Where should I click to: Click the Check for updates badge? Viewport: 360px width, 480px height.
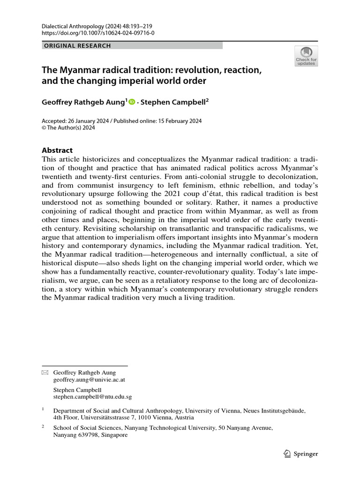pyautogui.click(x=306, y=56)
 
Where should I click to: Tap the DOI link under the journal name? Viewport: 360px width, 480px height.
pyautogui.click(x=98, y=33)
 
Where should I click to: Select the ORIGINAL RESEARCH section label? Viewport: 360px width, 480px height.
pyautogui.click(x=77, y=45)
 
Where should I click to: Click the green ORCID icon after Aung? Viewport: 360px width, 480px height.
pyautogui.click(x=132, y=101)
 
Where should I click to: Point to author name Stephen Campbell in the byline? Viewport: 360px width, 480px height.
pyautogui.click(x=175, y=101)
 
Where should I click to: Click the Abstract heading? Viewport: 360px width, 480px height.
pyautogui.click(x=57, y=150)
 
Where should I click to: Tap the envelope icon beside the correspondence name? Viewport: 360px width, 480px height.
pyautogui.click(x=45, y=373)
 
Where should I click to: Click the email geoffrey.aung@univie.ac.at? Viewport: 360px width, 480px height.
pyautogui.click(x=89, y=380)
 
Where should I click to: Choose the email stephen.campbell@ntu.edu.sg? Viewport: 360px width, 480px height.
pyautogui.click(x=93, y=397)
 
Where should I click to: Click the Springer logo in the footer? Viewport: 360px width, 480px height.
pyautogui.click(x=301, y=454)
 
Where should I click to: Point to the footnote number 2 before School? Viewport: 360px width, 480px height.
pyautogui.click(x=43, y=427)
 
